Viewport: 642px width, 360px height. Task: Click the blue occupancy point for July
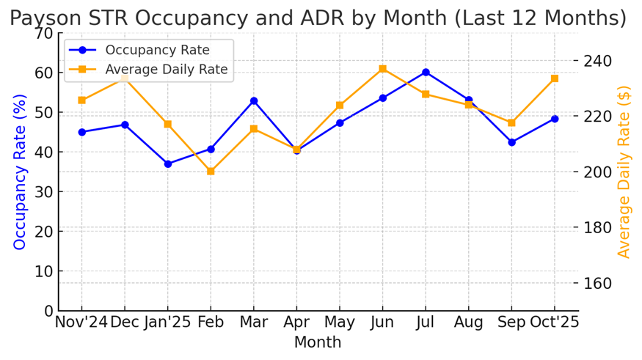(x=426, y=72)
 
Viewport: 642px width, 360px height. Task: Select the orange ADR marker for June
(x=383, y=69)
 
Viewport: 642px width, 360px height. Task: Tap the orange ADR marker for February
(x=211, y=172)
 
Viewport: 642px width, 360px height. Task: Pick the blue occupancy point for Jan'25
(x=168, y=164)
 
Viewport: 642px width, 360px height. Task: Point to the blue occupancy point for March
(x=254, y=100)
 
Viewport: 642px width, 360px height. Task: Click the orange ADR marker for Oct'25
(x=555, y=78)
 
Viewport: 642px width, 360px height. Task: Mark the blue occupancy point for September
(x=511, y=142)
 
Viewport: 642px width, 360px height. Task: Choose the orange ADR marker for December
(x=125, y=77)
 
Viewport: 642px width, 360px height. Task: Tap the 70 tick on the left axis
(x=44, y=34)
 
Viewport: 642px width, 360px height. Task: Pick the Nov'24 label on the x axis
(x=81, y=323)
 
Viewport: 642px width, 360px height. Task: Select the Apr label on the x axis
(x=296, y=323)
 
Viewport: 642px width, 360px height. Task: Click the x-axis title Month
(x=318, y=342)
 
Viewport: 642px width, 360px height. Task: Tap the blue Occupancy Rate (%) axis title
(x=20, y=172)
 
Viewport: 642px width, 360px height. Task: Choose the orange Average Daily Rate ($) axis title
(x=624, y=172)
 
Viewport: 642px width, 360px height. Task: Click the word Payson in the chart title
(x=45, y=18)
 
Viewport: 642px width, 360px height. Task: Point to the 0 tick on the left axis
(x=48, y=311)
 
